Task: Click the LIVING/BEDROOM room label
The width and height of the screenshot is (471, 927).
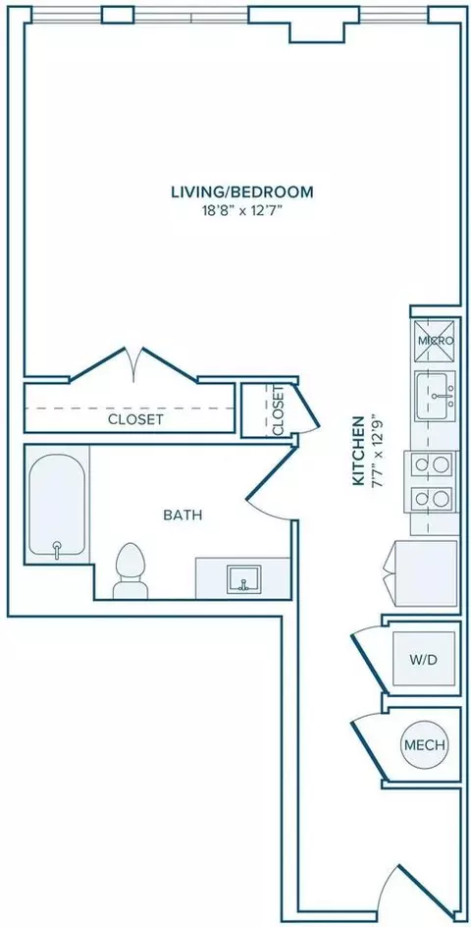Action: [x=241, y=192]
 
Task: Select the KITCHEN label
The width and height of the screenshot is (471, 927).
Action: [x=357, y=451]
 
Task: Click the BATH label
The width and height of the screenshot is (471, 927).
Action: [x=183, y=515]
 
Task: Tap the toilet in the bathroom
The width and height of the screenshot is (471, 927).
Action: [x=131, y=572]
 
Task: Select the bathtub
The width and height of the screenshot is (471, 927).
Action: [x=57, y=505]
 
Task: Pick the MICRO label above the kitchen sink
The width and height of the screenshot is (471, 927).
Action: [x=436, y=341]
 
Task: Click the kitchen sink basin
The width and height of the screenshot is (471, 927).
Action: [x=436, y=396]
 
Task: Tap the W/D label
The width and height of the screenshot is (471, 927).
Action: [x=425, y=660]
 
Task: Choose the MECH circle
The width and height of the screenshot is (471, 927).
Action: [x=424, y=744]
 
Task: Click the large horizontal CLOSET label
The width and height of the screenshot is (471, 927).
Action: [x=135, y=419]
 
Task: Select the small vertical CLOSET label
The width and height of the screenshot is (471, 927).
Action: [x=279, y=410]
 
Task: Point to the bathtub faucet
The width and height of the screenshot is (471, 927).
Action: [x=57, y=549]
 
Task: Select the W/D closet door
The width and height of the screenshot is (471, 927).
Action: [x=371, y=656]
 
